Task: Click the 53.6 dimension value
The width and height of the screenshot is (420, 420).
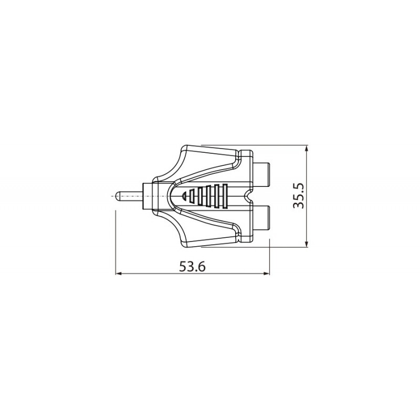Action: pos(192,266)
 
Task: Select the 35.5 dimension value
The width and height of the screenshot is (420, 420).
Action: pos(299,196)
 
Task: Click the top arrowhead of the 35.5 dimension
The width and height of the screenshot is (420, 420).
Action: pos(307,149)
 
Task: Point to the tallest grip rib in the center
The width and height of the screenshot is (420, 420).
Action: pos(226,196)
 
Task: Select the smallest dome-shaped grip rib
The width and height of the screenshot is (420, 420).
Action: pos(184,196)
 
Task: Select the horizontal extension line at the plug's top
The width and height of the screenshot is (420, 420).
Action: pos(278,145)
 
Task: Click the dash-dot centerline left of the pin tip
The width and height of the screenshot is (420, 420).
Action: pos(113,196)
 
